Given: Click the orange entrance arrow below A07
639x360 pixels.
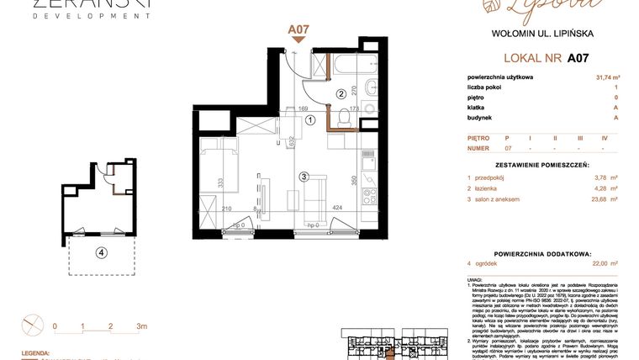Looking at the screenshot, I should click(298, 40).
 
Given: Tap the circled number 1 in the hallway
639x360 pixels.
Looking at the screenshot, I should click(310, 120).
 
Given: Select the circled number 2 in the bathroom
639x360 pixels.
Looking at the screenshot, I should click(341, 94).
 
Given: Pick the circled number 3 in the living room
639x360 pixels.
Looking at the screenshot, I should click(304, 177).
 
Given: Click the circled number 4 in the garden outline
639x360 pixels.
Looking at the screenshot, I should click(101, 251).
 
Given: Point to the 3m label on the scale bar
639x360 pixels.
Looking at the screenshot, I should click(141, 326).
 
